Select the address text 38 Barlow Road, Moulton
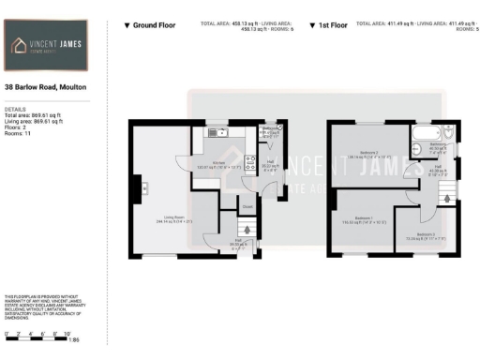coord(45,86)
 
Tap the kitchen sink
coord(213,132)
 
